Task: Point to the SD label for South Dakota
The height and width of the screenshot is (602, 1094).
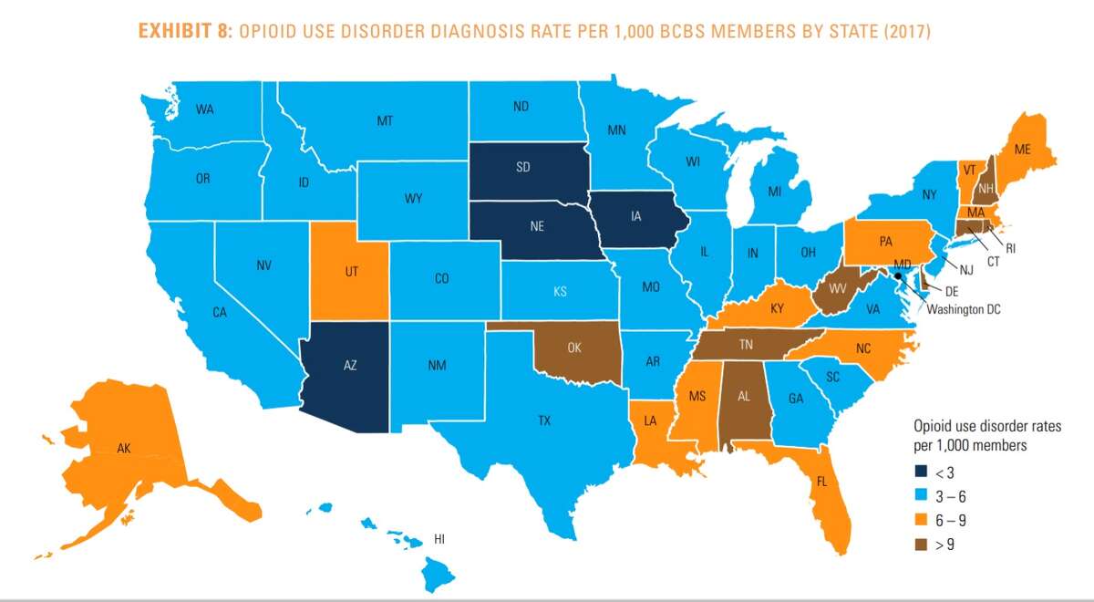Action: click(522, 167)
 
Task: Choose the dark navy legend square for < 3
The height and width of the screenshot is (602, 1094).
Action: click(921, 474)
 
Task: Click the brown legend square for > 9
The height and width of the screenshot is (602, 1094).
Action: click(921, 545)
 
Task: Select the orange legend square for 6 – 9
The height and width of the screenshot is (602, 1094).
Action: click(921, 522)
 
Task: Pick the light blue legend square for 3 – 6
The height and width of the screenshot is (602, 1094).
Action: click(921, 498)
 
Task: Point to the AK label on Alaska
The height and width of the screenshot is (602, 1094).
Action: click(124, 448)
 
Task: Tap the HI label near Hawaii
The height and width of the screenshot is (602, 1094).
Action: click(439, 539)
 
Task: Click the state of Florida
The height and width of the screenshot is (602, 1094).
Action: click(825, 483)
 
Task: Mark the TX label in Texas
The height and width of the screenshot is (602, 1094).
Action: click(544, 420)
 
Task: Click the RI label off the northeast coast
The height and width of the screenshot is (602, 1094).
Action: click(1011, 245)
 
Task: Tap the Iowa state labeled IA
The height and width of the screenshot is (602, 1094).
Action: click(633, 219)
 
